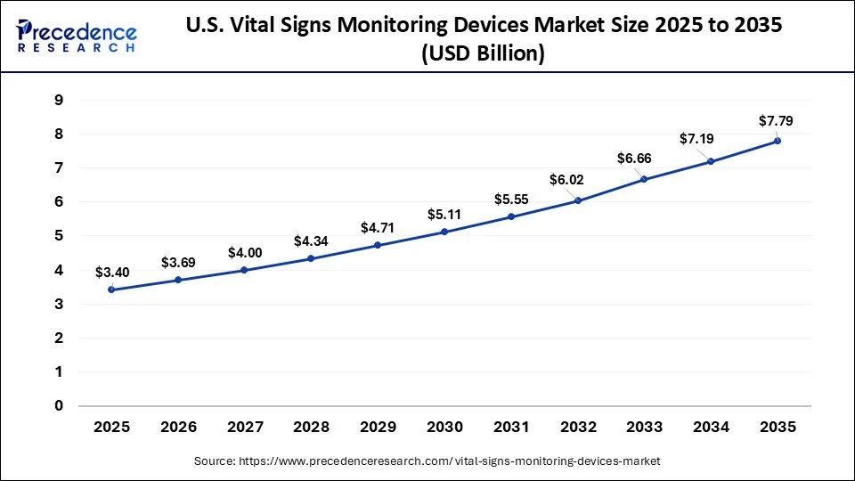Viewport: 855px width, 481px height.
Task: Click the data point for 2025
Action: (111, 289)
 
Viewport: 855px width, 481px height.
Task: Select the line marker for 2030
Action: (444, 232)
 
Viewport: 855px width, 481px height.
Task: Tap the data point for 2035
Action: (778, 141)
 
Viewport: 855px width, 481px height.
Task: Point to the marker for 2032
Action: (578, 200)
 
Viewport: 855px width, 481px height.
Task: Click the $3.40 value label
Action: (111, 271)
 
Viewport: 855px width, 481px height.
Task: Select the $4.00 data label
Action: (245, 252)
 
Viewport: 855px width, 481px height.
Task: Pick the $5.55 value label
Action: (511, 200)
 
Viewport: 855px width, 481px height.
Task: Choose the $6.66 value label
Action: (634, 159)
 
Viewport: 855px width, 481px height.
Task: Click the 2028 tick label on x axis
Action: (312, 428)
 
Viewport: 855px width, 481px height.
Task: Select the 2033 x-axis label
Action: (645, 428)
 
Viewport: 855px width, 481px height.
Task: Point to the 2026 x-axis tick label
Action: (178, 428)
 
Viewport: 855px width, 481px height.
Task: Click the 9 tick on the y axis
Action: (58, 100)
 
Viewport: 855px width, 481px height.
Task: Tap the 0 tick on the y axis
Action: (58, 406)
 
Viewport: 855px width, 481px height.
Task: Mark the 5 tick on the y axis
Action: (58, 236)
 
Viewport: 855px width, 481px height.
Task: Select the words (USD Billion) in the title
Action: (484, 53)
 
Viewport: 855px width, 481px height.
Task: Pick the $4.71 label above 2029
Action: (378, 228)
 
